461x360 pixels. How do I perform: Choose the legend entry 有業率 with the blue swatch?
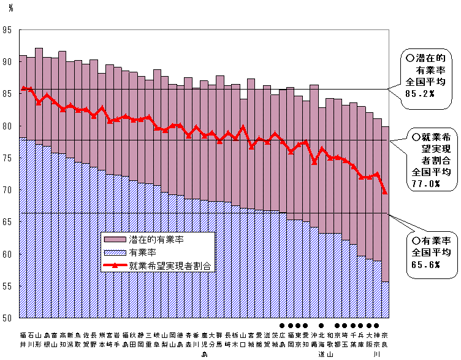[141, 252]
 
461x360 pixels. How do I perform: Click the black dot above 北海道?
[322, 326]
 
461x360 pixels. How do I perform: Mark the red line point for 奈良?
[384, 193]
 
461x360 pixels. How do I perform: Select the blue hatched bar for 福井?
[23, 227]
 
